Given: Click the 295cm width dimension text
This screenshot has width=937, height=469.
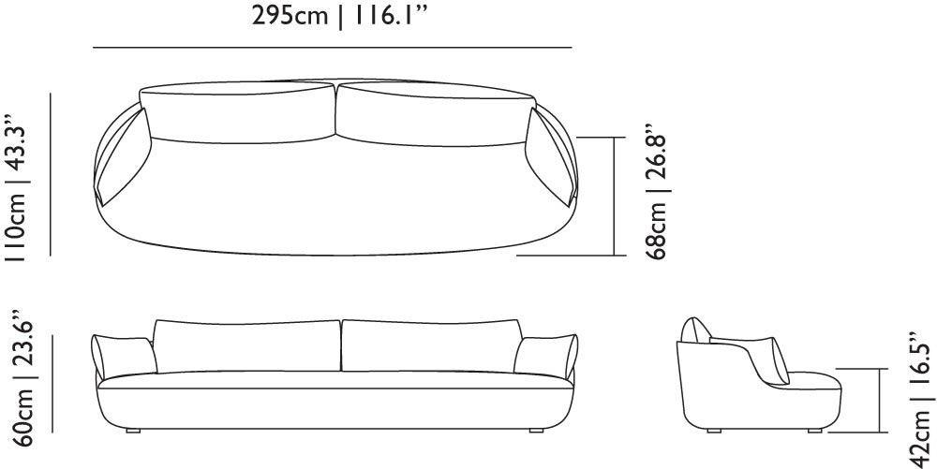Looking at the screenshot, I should [290, 18].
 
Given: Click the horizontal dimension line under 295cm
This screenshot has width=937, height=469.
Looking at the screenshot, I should [333, 47].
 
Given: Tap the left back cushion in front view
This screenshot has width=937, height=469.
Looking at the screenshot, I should [247, 346].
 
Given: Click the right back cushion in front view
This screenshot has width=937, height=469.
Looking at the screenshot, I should [429, 346].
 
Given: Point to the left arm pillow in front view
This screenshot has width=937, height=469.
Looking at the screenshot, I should [126, 358].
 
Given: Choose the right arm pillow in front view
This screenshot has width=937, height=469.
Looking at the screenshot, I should [543, 358].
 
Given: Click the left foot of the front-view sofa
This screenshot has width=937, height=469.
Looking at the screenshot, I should [133, 432].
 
